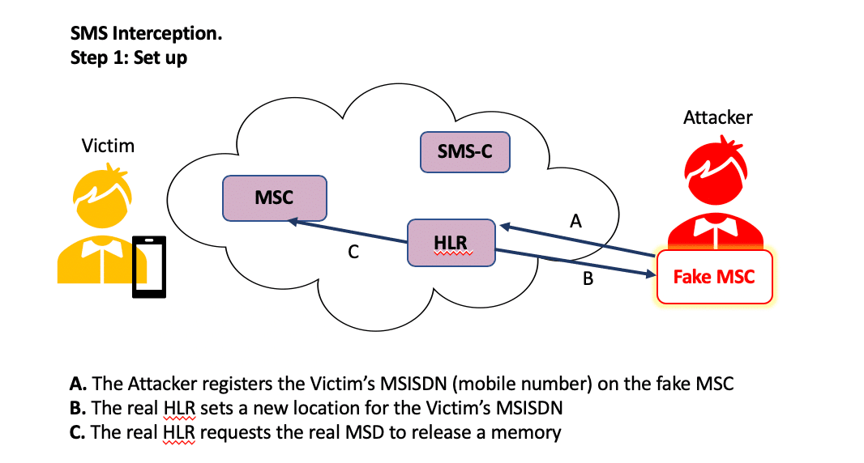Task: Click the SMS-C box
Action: (465, 151)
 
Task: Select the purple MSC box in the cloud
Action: (274, 198)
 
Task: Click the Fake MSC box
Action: (714, 277)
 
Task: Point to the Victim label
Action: (108, 147)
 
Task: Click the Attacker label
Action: (717, 117)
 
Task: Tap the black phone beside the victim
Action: (149, 267)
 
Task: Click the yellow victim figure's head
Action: (103, 193)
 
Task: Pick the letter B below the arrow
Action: (588, 280)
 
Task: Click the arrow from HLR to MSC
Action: (349, 231)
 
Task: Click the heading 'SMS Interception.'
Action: (146, 34)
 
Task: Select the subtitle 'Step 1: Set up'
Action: (129, 58)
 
